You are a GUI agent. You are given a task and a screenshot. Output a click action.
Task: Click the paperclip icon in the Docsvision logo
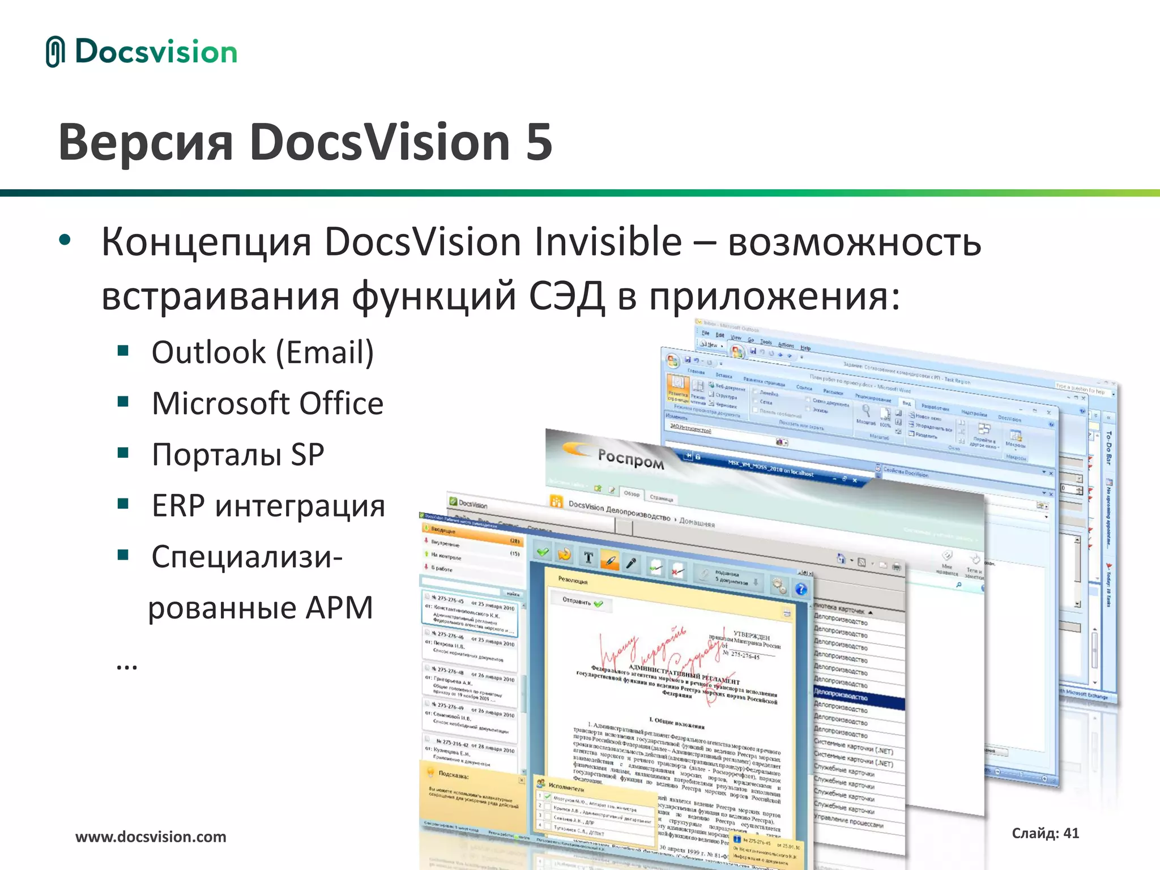pyautogui.click(x=56, y=52)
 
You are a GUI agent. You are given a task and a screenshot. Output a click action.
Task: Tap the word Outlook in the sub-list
pyautogui.click(x=208, y=352)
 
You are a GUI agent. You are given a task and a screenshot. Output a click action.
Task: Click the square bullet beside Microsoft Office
pyautogui.click(x=123, y=402)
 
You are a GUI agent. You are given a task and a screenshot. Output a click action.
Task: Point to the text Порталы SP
pyautogui.click(x=238, y=454)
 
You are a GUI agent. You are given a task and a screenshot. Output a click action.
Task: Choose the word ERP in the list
pyautogui.click(x=178, y=505)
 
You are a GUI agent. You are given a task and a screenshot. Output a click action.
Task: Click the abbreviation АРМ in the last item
pyautogui.click(x=339, y=608)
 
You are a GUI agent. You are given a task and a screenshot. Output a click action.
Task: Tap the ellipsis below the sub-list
pyautogui.click(x=126, y=666)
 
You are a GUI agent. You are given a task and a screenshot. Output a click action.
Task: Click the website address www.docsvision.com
pyautogui.click(x=151, y=837)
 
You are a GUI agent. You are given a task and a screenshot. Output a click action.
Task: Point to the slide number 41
pyautogui.click(x=1071, y=833)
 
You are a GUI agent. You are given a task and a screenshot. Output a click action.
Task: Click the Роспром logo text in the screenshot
pyautogui.click(x=630, y=458)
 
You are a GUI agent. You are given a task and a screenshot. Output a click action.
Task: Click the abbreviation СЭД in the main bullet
pyautogui.click(x=566, y=296)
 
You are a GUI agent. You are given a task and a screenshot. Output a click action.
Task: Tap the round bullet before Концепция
pyautogui.click(x=65, y=240)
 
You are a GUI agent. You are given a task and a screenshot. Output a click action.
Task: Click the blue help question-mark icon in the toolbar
pyautogui.click(x=800, y=589)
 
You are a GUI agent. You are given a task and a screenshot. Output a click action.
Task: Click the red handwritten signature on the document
pyautogui.click(x=651, y=651)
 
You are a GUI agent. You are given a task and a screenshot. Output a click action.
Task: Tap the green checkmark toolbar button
pyautogui.click(x=543, y=552)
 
